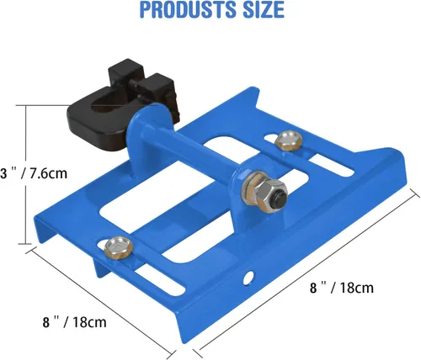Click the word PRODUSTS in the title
click(188, 9)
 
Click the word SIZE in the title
click(263, 9)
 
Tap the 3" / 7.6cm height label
click(34, 173)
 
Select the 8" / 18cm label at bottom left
click(75, 322)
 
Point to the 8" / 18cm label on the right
click(342, 288)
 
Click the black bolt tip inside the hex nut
click(280, 197)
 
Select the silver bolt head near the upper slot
click(289, 140)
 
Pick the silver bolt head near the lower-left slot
click(119, 247)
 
